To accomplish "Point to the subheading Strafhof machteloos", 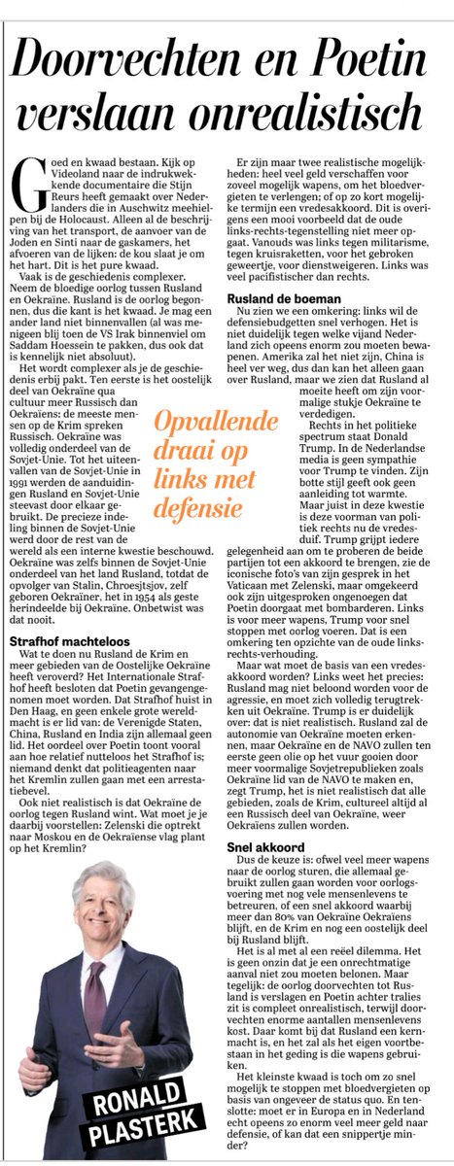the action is pyautogui.click(x=64, y=640).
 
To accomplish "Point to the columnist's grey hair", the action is pyautogui.click(x=91, y=880).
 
